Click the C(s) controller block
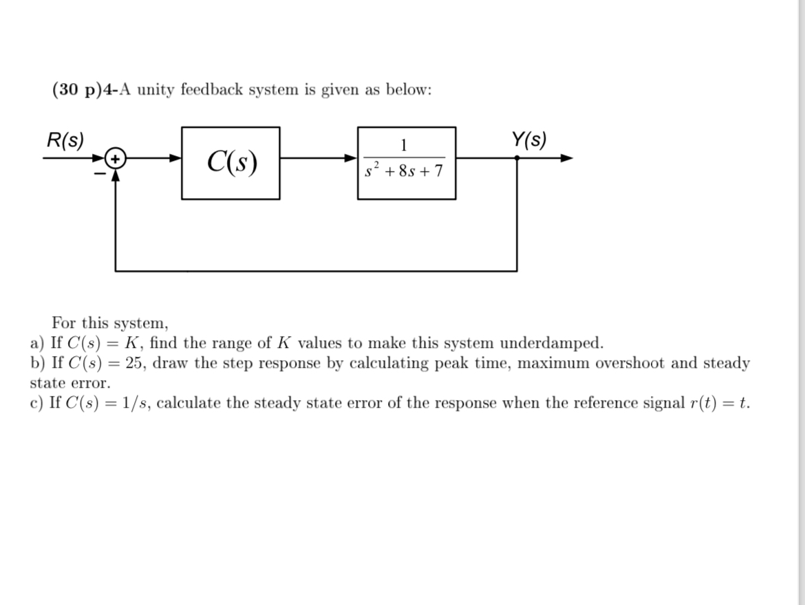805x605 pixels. click(230, 163)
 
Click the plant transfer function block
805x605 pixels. click(406, 163)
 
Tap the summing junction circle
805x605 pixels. click(116, 159)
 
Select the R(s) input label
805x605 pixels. click(65, 141)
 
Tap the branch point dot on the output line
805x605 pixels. click(517, 158)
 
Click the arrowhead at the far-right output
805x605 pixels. click(566, 158)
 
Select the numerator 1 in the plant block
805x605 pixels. click(405, 145)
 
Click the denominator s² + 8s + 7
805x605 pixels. click(405, 169)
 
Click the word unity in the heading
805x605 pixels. click(156, 90)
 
